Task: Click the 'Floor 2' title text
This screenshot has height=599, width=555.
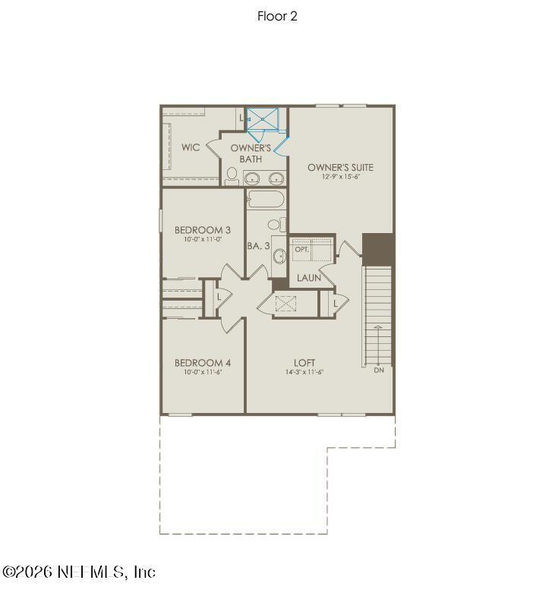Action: (277, 16)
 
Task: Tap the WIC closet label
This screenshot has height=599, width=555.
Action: (191, 147)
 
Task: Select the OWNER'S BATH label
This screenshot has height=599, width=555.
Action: (251, 153)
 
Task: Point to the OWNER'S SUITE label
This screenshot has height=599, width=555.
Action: (340, 167)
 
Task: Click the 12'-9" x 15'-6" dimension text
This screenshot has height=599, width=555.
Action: (340, 177)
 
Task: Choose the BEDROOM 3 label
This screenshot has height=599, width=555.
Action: (203, 230)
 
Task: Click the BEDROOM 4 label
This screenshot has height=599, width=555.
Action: (203, 363)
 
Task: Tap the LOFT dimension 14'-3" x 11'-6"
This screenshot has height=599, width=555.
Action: (304, 373)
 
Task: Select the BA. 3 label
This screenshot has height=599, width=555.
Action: (258, 246)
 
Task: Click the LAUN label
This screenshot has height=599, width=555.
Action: (309, 278)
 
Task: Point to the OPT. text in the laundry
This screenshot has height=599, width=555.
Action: (302, 250)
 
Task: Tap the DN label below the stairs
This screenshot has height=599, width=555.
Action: (379, 370)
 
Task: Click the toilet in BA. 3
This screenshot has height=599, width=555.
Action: (276, 225)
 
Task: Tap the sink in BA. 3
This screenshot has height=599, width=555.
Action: (278, 254)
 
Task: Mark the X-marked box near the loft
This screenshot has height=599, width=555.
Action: (285, 304)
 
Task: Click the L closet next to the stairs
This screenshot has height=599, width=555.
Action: (335, 304)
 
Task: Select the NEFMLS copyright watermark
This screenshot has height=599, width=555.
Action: (79, 572)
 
